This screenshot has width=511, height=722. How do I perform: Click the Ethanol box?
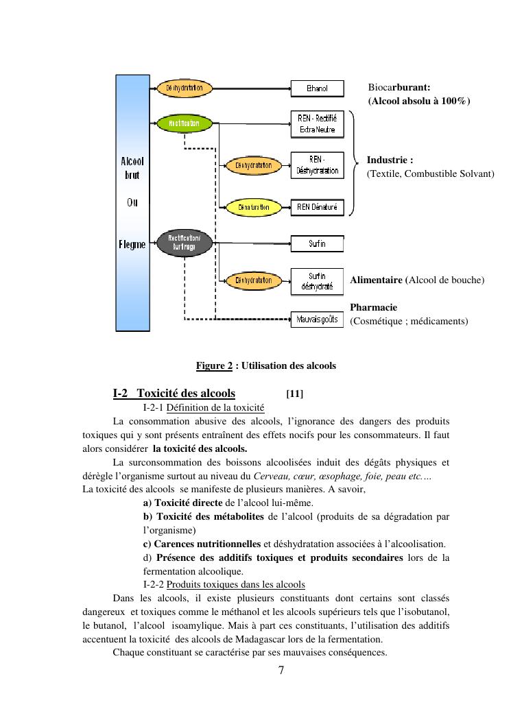317,88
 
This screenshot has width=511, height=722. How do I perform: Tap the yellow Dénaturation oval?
253,206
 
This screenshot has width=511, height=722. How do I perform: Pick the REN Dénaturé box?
317,207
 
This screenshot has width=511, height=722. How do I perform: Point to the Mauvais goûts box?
317,320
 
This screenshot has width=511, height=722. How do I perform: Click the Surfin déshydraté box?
317,280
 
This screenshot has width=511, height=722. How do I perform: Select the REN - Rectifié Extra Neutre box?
317,124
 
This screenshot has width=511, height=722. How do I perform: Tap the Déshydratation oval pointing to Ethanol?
185,88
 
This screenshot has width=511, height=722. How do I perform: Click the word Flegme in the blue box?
132,245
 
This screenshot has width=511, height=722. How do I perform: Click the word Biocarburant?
399,88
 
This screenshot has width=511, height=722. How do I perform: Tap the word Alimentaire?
377,280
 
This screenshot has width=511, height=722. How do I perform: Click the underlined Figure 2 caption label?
214,366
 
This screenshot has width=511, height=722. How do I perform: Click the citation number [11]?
294,394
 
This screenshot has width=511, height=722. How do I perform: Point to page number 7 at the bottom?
281,671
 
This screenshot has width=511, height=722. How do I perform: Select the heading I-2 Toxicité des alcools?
174,394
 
